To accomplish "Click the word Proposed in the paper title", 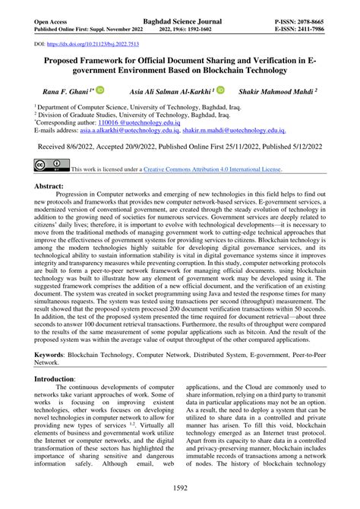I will coord(67,59).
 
